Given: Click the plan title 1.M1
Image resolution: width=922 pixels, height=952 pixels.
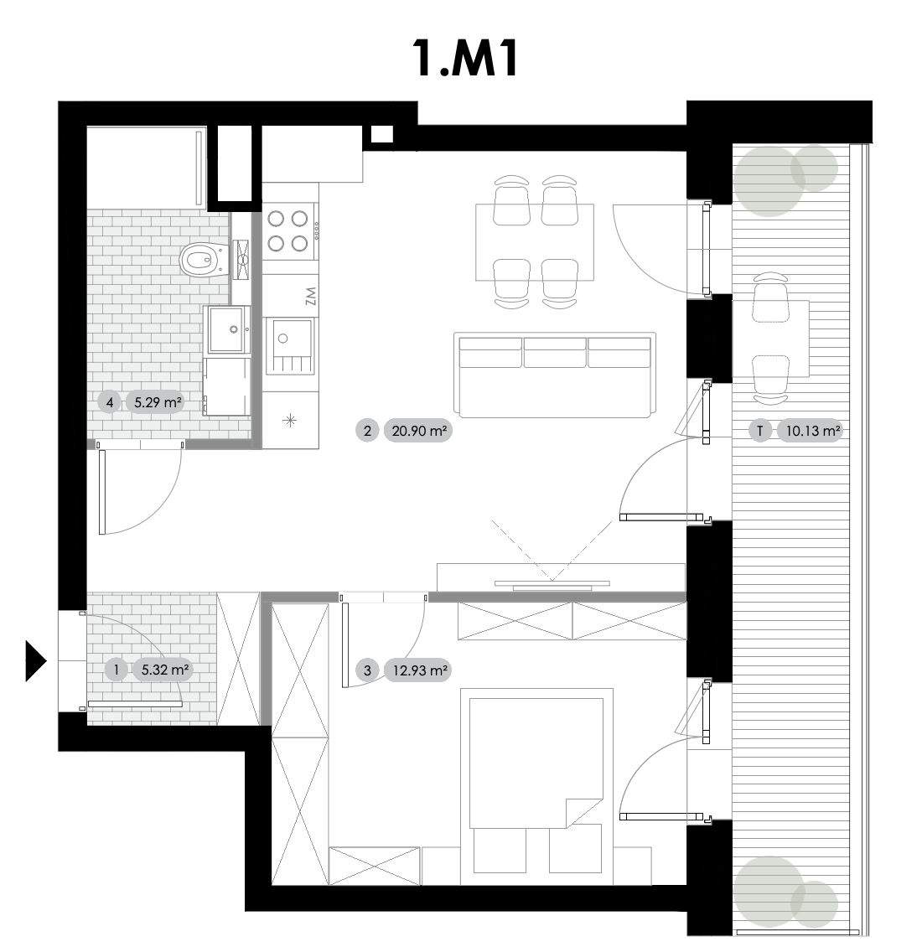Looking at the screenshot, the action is click(x=465, y=59).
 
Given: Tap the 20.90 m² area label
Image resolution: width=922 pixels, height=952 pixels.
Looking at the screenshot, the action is click(x=418, y=431).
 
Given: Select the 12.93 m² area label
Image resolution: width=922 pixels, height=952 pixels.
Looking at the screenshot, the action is click(x=420, y=671).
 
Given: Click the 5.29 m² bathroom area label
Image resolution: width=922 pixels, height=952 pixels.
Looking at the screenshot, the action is click(x=158, y=402).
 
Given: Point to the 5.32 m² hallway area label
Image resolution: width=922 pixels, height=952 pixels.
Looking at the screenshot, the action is click(x=164, y=670).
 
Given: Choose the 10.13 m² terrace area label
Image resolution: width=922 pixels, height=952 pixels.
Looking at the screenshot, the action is click(x=813, y=431).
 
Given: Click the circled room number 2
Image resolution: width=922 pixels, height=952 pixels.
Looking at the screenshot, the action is click(x=367, y=431).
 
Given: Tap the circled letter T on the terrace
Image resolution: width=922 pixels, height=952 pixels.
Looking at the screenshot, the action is click(x=760, y=431).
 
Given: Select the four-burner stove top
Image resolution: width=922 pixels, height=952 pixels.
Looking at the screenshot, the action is click(x=289, y=230).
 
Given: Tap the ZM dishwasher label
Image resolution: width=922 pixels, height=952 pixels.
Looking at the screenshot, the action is click(x=310, y=297).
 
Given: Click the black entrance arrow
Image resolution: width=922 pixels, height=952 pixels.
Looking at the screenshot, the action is click(x=36, y=661).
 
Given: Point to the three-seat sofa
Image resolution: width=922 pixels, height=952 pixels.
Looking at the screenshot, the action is click(x=555, y=375).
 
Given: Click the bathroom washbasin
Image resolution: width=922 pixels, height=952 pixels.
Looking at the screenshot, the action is click(x=229, y=329).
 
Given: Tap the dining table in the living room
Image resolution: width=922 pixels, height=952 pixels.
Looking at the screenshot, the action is click(x=535, y=242).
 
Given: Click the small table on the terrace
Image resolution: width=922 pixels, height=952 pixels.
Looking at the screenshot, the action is click(x=771, y=339).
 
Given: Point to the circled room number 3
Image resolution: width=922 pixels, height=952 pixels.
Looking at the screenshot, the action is click(x=367, y=671).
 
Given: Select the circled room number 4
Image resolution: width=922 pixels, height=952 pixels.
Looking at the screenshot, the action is click(x=109, y=402).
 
